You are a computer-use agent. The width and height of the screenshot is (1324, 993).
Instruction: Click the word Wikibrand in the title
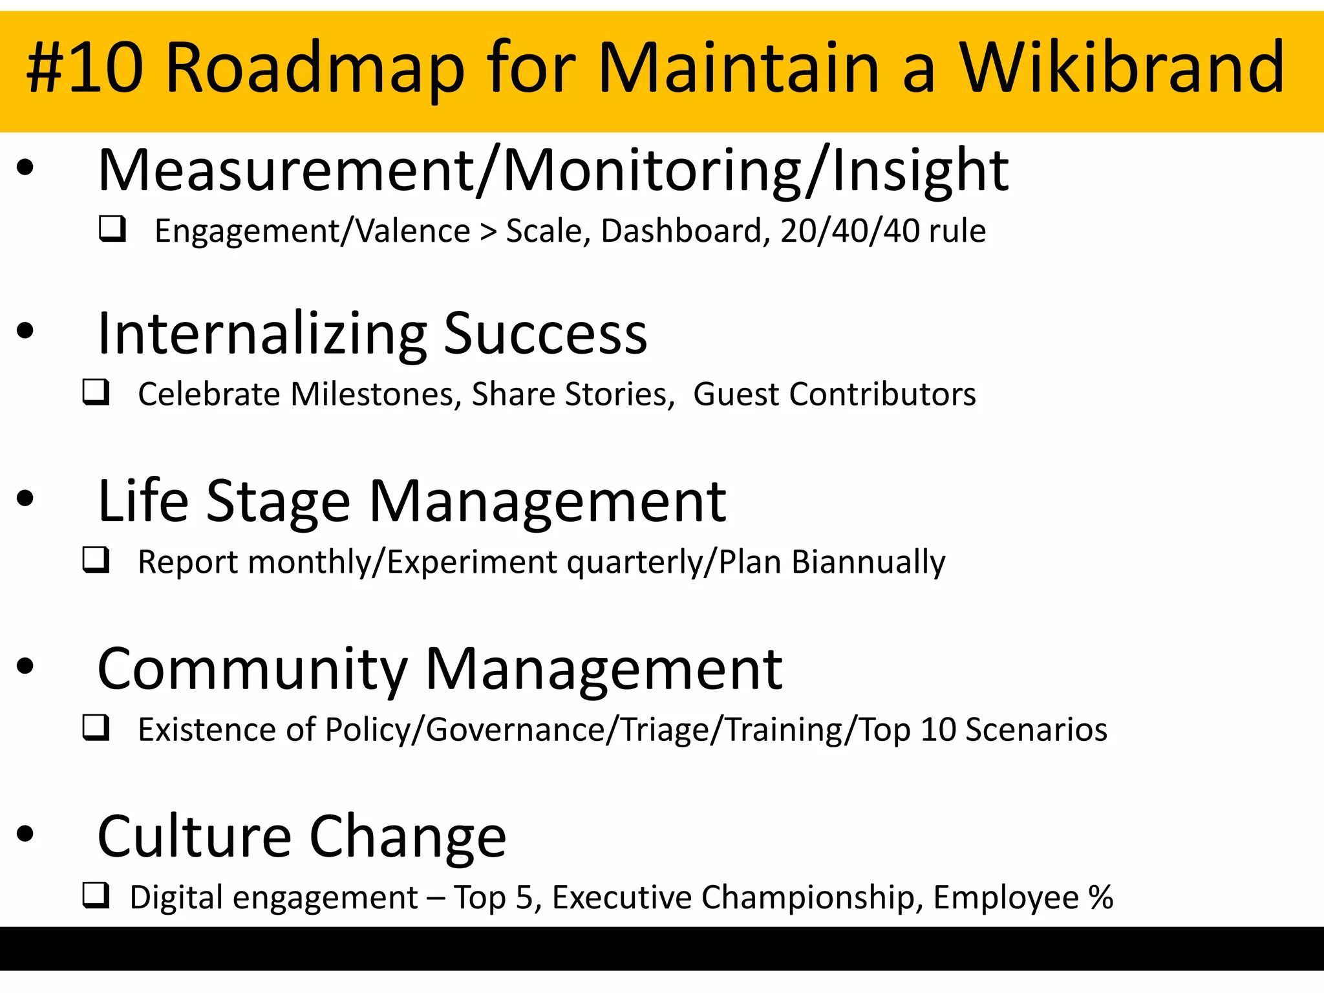pos(1122,68)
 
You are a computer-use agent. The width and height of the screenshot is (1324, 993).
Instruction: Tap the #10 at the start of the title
pos(85,68)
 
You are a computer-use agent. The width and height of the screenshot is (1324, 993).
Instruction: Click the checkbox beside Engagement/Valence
pos(112,229)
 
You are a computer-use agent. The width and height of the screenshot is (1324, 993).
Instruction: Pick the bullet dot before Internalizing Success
pos(25,331)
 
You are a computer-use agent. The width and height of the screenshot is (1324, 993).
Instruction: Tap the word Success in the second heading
pos(545,334)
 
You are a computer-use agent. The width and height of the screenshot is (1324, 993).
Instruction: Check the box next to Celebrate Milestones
pos(96,392)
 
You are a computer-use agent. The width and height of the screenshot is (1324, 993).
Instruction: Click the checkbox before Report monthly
pos(96,560)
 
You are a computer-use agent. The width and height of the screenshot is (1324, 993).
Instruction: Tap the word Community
pos(252,670)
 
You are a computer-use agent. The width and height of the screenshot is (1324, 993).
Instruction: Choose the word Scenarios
pos(1036,730)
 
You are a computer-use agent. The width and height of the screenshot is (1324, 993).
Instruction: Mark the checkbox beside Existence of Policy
pos(96,727)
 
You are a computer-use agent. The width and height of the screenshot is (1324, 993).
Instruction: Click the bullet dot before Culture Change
pos(25,834)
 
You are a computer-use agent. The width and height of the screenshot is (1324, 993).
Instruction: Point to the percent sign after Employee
pos(1100,897)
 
